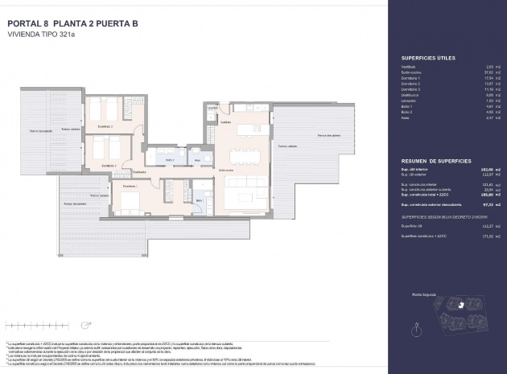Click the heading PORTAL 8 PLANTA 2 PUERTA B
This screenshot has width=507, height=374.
pos(72,23)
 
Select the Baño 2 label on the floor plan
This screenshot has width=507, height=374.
pos(171,160)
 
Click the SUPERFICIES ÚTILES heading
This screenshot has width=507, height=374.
pos(427,60)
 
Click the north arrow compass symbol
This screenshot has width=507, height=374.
pos(416,327)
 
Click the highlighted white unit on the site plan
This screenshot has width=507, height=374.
pos(455,306)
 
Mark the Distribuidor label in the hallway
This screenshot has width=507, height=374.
pos(139,171)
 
